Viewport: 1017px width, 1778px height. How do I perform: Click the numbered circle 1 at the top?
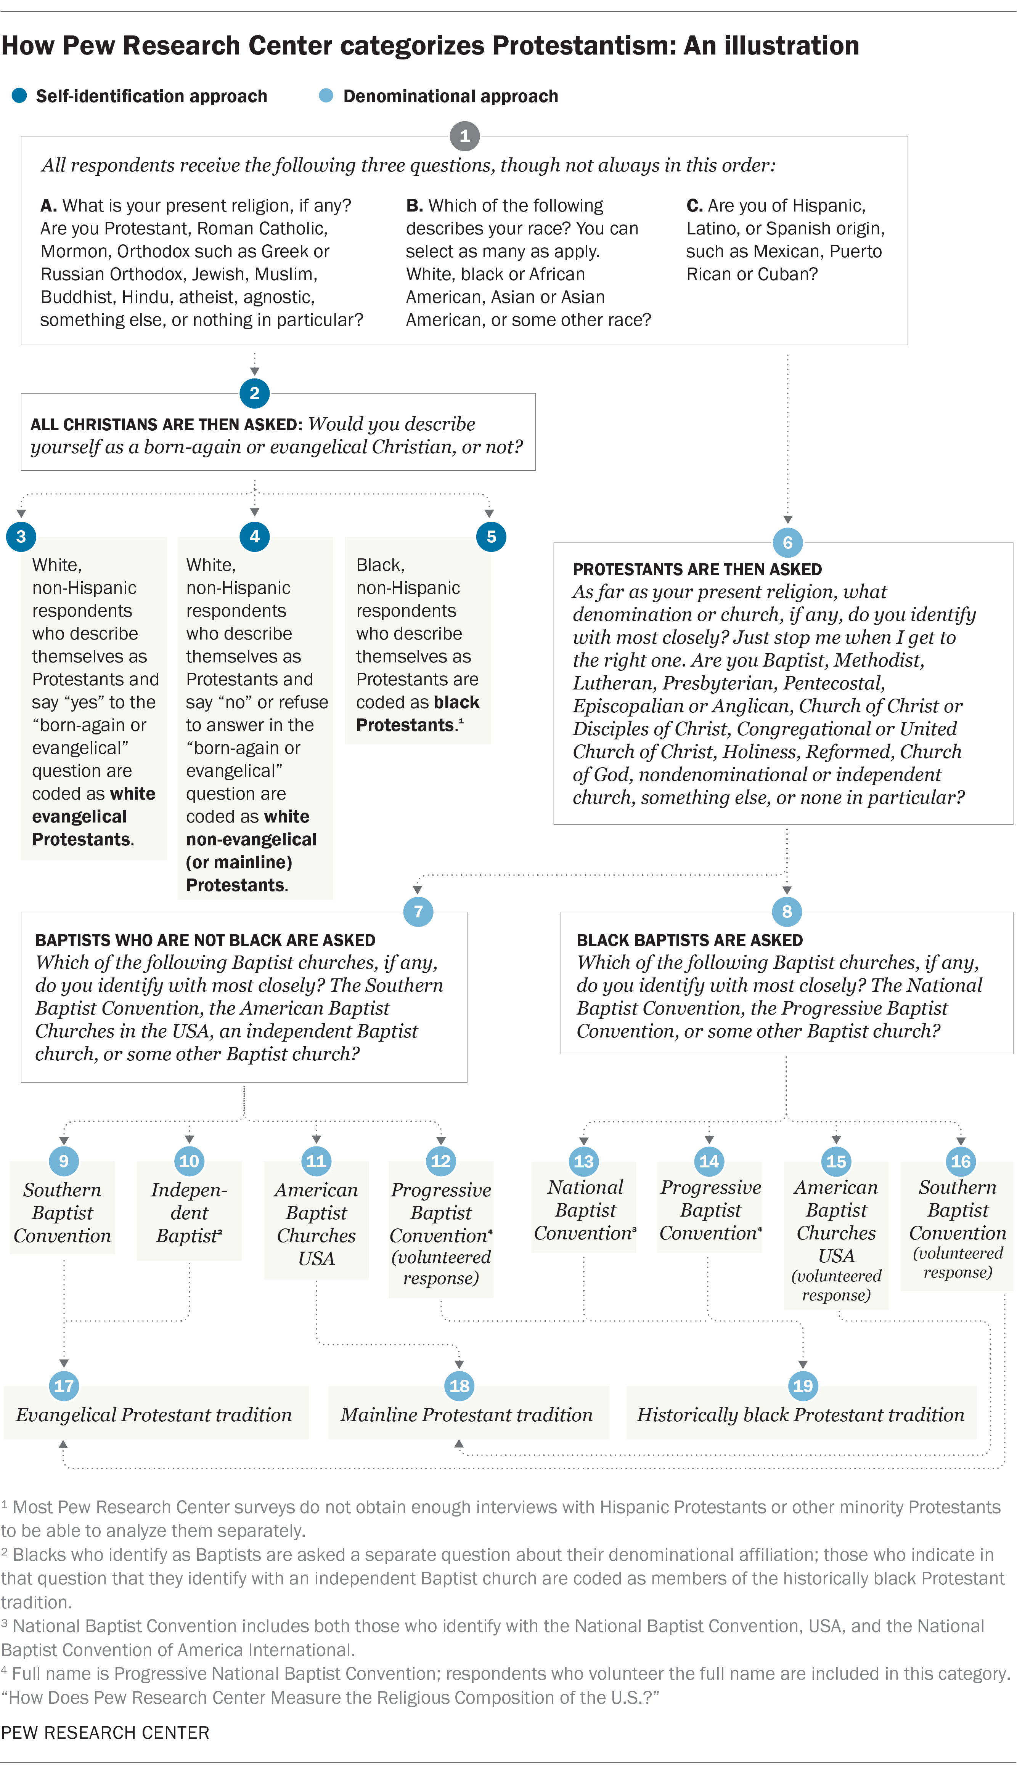point(464,136)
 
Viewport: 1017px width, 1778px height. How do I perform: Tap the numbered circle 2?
point(254,393)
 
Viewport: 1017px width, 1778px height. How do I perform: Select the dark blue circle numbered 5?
point(491,536)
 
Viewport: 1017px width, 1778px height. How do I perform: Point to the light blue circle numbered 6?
point(787,542)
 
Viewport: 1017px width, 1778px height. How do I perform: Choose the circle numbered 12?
point(441,1161)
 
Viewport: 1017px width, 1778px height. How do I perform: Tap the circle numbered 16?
point(961,1161)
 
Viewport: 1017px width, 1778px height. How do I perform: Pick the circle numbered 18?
point(459,1386)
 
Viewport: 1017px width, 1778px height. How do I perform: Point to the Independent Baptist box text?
point(189,1212)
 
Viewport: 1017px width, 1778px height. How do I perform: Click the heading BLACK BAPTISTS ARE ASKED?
point(689,940)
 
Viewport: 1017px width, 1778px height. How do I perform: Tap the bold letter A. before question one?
point(48,205)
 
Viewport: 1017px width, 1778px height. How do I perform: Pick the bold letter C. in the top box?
point(694,205)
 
